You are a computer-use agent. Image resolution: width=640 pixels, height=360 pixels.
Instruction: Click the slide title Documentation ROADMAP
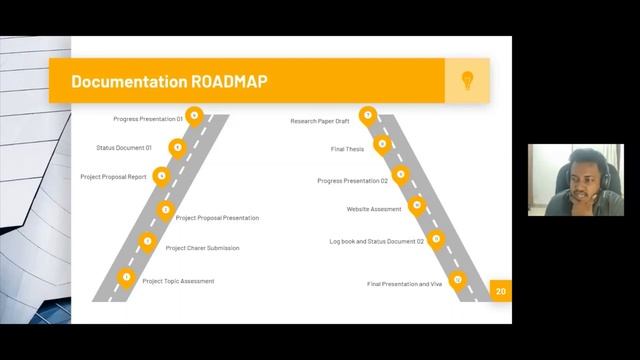(x=169, y=80)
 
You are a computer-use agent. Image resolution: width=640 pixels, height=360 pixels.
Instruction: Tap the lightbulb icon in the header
(x=467, y=80)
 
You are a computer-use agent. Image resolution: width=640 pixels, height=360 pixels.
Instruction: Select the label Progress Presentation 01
(x=148, y=119)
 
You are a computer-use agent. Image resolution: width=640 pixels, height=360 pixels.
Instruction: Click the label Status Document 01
(x=124, y=148)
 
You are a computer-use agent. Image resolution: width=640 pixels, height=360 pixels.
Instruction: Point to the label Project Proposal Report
(x=113, y=177)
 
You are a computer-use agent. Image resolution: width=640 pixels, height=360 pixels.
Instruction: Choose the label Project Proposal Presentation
(x=217, y=218)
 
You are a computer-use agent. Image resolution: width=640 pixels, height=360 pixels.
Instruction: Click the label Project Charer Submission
(x=202, y=248)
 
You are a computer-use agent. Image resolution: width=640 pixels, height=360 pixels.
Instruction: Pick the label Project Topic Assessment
(x=178, y=281)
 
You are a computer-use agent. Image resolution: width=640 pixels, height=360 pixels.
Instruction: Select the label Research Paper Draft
(x=320, y=121)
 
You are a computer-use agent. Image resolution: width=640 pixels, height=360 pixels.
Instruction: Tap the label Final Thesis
(x=347, y=149)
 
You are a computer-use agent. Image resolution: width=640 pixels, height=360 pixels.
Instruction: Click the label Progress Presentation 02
(x=352, y=181)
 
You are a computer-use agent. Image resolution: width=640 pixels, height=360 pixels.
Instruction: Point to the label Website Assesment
(x=373, y=209)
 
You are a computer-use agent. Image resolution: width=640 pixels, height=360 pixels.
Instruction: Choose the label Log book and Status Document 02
(x=377, y=241)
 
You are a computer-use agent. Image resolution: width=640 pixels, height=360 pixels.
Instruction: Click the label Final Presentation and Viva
(x=404, y=284)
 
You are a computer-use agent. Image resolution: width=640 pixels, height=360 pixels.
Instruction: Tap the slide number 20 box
(x=501, y=291)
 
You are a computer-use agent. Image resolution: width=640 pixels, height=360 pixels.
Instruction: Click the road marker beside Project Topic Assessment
(x=126, y=277)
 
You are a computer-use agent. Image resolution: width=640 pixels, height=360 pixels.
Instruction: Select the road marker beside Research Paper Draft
(x=368, y=116)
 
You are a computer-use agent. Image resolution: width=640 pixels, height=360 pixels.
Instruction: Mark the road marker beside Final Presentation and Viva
(x=457, y=280)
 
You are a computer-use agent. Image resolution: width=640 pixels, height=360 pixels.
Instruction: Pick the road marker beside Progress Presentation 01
(x=194, y=117)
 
